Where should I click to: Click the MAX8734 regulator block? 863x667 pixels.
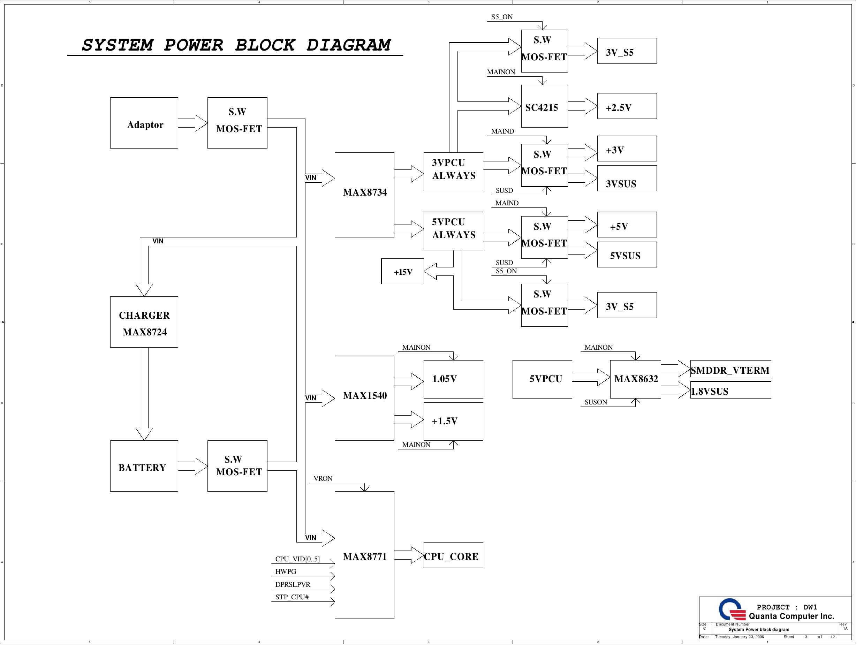point(364,195)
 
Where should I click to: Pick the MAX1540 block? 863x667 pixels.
point(364,398)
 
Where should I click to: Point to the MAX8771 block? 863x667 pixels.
point(364,555)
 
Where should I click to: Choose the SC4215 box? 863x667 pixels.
point(544,106)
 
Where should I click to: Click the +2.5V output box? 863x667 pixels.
point(627,106)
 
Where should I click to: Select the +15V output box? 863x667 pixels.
point(402,272)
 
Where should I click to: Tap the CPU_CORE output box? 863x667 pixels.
point(453,555)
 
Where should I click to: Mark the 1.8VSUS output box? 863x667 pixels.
point(730,391)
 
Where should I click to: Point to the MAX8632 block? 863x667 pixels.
point(635,379)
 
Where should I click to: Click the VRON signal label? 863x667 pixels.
point(323,478)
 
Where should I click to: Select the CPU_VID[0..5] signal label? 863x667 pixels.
point(297,559)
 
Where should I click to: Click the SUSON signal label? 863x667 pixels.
point(596,402)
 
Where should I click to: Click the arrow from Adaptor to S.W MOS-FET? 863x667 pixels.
point(193,123)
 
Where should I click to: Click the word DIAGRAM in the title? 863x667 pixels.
point(349,45)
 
